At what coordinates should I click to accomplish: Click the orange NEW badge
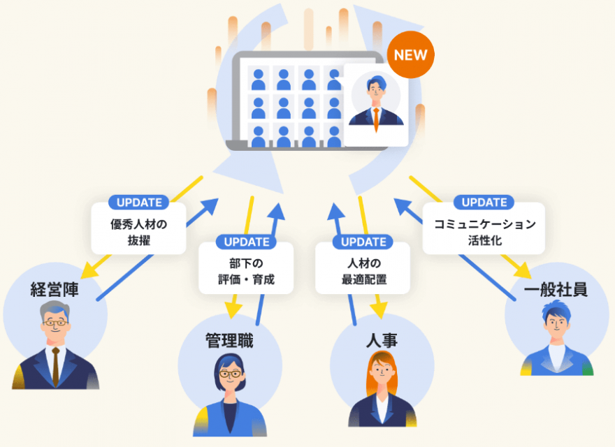tap(410, 54)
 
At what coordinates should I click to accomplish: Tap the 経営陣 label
tap(55, 289)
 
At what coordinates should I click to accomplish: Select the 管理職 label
tap(229, 340)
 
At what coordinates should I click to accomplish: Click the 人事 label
tap(382, 340)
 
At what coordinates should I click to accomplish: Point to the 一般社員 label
tap(556, 289)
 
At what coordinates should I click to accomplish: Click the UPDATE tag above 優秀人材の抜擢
tap(139, 203)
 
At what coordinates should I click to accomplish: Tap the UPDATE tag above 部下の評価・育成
tap(246, 242)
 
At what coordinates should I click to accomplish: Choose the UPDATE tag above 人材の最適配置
tap(363, 242)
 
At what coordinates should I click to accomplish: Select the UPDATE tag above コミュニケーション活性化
tap(484, 203)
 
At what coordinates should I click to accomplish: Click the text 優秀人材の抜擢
tap(139, 232)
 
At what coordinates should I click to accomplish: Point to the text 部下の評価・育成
tap(246, 271)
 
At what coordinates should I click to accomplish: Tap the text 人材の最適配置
tap(364, 271)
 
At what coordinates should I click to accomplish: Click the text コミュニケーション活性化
tap(485, 232)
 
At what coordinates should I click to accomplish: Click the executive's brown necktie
tap(56, 367)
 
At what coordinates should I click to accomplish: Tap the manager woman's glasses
tap(230, 374)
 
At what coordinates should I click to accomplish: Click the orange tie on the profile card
tap(376, 119)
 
